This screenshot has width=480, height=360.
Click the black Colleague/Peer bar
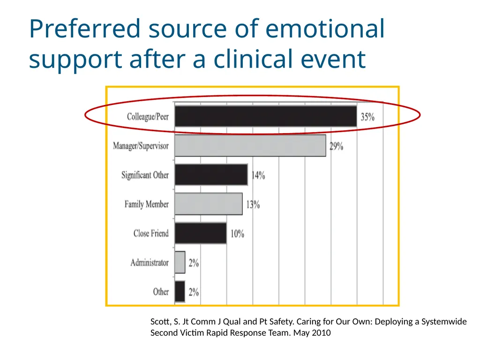[x=266, y=116]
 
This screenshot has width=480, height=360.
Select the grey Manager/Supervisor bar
[x=250, y=146]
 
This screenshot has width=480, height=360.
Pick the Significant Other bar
[x=211, y=175]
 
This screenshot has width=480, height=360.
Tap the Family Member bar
[x=209, y=204]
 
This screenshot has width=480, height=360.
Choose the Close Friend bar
[x=201, y=233]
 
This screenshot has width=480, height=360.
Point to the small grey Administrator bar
[x=180, y=262]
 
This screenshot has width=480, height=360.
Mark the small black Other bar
[x=180, y=292]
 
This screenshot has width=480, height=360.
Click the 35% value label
[x=367, y=117]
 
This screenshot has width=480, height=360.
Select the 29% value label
[x=336, y=146]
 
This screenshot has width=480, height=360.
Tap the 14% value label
[x=258, y=175]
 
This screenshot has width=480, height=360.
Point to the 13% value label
[x=253, y=204]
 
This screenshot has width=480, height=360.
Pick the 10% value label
[x=237, y=234]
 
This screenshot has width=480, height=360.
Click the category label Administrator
[x=150, y=262]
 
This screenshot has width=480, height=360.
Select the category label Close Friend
[x=151, y=233]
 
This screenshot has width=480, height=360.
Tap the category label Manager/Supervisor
[x=141, y=146]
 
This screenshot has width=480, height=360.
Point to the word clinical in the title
[x=253, y=59]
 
